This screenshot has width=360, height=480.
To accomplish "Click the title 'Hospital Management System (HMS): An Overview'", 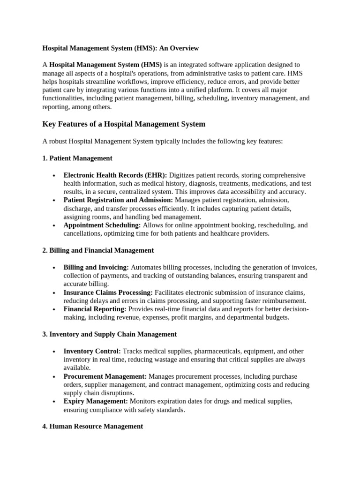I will (120, 48).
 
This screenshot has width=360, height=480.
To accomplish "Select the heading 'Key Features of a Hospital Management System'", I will (124, 124).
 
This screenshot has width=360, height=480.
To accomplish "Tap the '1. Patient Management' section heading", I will (77, 158).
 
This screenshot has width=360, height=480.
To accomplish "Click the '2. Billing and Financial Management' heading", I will (98, 250).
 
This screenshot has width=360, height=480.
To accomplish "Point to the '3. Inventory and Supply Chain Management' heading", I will (109, 334).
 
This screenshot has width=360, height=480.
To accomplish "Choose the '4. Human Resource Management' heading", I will (92, 426).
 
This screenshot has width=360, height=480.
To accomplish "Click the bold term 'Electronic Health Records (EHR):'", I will (115, 175).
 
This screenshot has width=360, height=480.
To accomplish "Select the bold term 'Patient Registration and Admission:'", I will (118, 200).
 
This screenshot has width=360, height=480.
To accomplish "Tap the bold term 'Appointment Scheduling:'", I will (102, 225).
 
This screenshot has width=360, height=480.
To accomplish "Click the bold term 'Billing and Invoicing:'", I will (96, 267).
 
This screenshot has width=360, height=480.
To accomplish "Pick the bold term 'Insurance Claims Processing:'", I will (108, 292).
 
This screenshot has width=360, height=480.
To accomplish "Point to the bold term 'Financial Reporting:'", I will (95, 309).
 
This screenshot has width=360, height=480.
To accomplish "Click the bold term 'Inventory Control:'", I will (92, 351).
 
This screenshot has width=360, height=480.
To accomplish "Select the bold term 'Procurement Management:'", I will (105, 376).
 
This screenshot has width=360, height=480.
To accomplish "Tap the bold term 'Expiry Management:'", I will (96, 401).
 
